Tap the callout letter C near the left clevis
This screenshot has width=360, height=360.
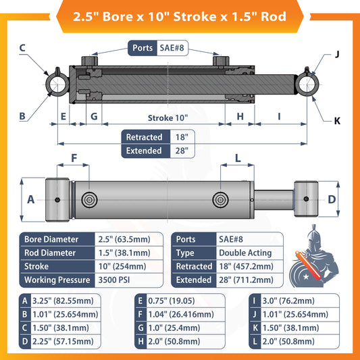(x=22, y=48)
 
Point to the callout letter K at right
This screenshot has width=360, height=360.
(x=337, y=120)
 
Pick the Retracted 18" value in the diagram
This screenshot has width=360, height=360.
(x=180, y=137)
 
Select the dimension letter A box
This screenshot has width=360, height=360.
(x=30, y=200)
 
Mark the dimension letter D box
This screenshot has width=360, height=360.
(x=331, y=199)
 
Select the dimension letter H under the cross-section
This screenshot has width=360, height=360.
(x=239, y=117)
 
